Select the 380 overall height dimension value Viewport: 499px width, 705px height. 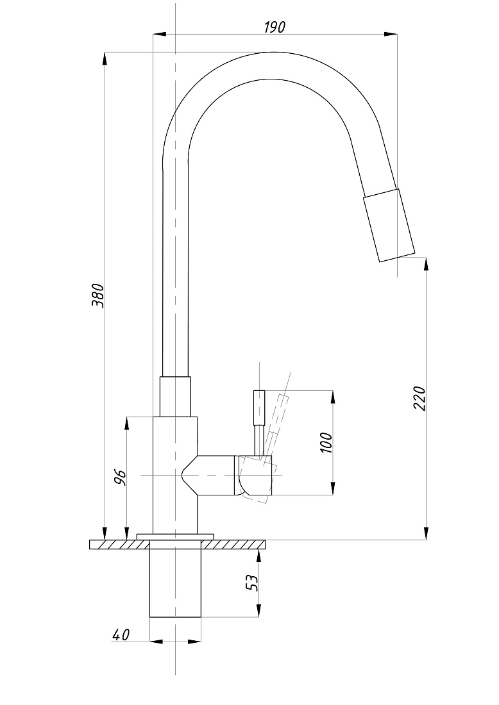point(97,295)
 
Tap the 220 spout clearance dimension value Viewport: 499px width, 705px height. point(418,397)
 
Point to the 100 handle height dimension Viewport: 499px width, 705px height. point(326,442)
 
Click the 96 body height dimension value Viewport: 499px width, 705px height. point(120,477)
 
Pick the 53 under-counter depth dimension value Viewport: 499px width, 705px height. point(253,583)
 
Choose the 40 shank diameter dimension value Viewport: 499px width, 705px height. point(121,634)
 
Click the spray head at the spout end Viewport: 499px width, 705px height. point(389,225)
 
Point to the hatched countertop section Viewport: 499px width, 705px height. point(178,544)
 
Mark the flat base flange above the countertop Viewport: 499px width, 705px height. point(175,536)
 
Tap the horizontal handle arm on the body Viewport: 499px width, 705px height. point(226,476)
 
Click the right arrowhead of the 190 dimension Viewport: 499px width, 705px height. point(391,34)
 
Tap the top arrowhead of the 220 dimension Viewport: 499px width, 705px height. point(426,264)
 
